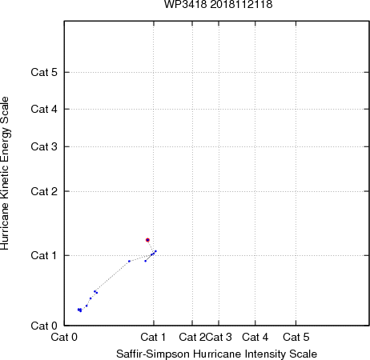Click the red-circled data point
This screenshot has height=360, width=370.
coord(147,240)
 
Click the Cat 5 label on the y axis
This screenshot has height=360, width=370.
coord(44,72)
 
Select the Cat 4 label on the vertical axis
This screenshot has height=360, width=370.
coord(44,109)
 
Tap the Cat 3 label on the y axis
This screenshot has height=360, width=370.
coord(44,146)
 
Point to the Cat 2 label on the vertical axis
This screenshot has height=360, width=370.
coord(44,191)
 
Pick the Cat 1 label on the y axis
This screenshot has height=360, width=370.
coord(44,255)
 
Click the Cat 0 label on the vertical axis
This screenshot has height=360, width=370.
coord(44,326)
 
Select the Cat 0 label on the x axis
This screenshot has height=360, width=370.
coord(64,338)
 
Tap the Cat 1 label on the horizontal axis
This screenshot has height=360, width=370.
coord(153,338)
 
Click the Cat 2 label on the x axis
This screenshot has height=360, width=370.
coord(192,338)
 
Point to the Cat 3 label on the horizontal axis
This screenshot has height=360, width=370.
coord(219,338)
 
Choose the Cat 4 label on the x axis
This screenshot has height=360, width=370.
coord(255,338)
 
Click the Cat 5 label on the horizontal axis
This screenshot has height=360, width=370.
coord(296,338)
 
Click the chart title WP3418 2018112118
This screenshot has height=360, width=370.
coord(218,5)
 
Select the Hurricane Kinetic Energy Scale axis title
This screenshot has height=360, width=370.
coord(5,174)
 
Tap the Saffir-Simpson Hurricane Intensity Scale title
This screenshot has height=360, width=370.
coord(217,354)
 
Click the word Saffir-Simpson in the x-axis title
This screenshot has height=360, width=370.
coord(153,354)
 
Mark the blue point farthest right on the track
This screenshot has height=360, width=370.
coord(156,251)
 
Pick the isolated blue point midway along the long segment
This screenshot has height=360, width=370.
coord(129,262)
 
